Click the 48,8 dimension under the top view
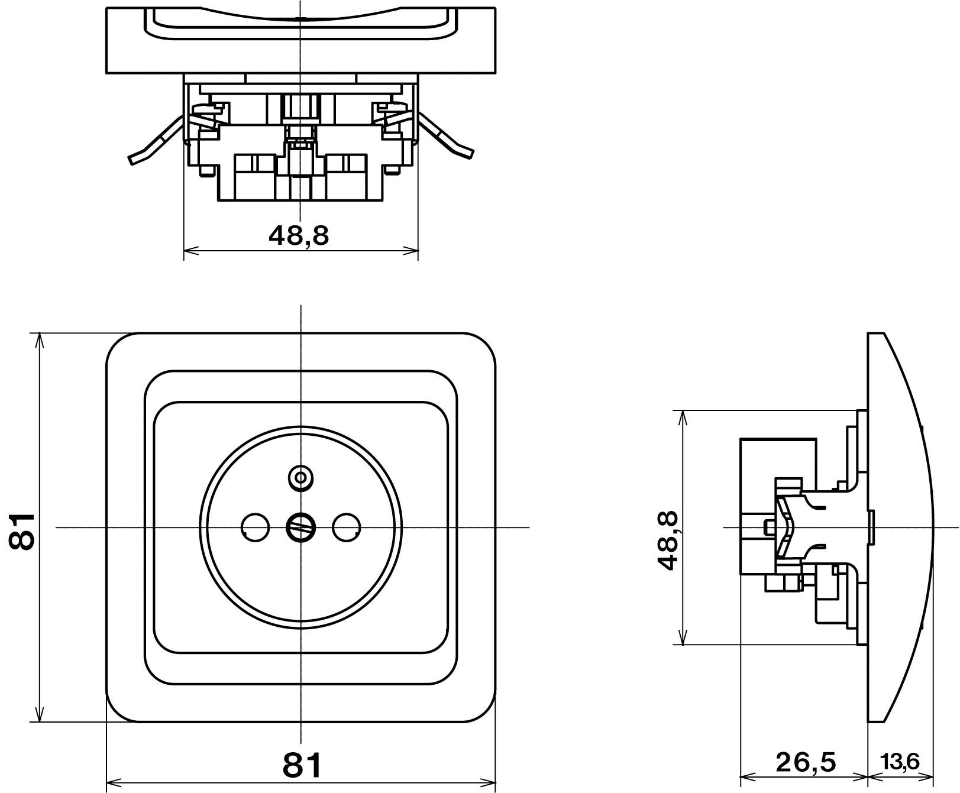point(298,236)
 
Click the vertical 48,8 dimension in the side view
point(667,541)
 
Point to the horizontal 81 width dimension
point(302,765)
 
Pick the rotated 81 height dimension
point(23,531)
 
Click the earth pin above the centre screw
point(300,477)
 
